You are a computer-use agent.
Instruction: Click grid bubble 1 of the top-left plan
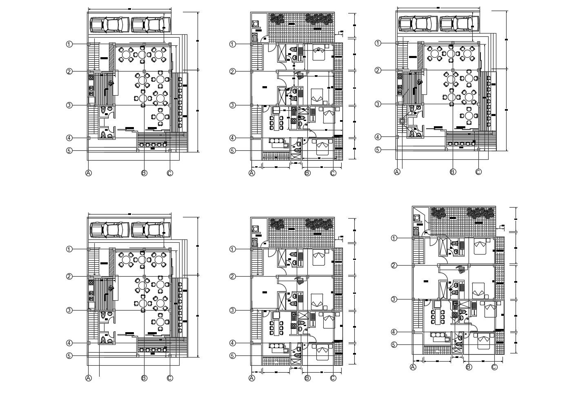pos(69,44)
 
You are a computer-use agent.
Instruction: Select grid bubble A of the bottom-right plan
pos(413,368)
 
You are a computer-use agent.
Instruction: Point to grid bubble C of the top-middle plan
pos(333,173)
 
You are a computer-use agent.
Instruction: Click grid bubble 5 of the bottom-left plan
pos(69,356)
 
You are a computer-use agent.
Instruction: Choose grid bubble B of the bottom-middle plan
pos(307,378)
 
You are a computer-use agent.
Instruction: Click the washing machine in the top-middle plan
pos(257,24)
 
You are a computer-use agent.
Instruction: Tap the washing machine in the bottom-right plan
pos(417,218)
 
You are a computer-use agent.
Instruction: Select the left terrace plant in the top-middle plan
pos(277,19)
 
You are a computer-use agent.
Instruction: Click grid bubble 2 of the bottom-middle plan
pos(232,277)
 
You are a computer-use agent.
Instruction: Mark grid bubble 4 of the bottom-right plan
pos(394,332)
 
